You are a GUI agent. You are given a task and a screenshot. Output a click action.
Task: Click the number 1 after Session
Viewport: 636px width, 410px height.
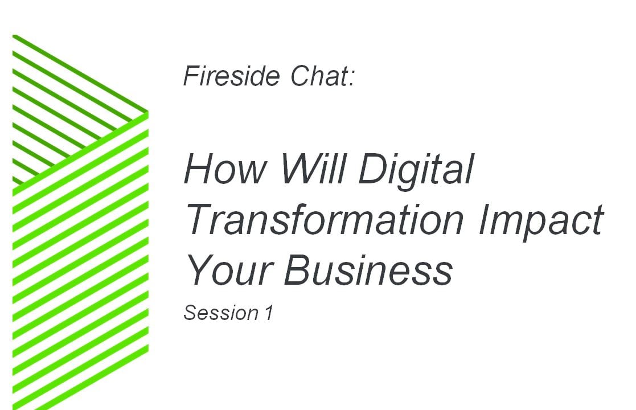click(269, 313)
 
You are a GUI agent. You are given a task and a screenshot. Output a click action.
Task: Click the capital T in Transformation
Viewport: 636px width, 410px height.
click(199, 220)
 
